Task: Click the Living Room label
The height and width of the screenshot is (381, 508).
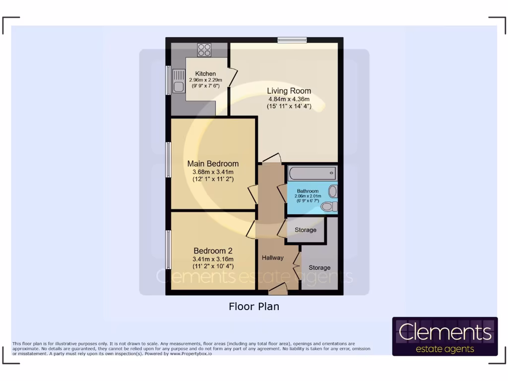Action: (x=289, y=91)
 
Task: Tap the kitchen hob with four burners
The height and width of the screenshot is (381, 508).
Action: (x=204, y=50)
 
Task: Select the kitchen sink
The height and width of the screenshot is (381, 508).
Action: (x=178, y=82)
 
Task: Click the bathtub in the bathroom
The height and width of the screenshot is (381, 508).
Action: (x=312, y=174)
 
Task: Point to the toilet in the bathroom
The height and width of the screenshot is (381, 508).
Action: (x=329, y=206)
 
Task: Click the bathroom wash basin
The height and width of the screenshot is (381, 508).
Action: (x=333, y=191)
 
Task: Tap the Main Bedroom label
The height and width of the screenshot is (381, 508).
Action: (x=213, y=164)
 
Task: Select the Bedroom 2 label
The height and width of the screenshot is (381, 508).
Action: (x=213, y=251)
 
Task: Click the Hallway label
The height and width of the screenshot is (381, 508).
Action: (x=273, y=257)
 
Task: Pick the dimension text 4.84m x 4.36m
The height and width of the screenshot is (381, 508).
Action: (x=289, y=99)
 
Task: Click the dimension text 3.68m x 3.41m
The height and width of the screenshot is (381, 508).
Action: (x=213, y=172)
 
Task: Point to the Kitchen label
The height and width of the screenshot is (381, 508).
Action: (x=205, y=74)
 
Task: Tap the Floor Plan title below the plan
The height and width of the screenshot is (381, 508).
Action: (x=254, y=307)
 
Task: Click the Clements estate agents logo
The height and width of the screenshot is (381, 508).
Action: (x=444, y=337)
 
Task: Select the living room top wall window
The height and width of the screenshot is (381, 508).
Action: (x=292, y=40)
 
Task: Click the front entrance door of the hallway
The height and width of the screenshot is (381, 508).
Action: (x=277, y=290)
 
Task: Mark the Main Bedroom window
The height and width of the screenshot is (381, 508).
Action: (x=169, y=160)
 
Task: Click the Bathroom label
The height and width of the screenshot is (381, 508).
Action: (x=308, y=191)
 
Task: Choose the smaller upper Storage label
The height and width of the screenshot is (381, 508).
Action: (x=305, y=230)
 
